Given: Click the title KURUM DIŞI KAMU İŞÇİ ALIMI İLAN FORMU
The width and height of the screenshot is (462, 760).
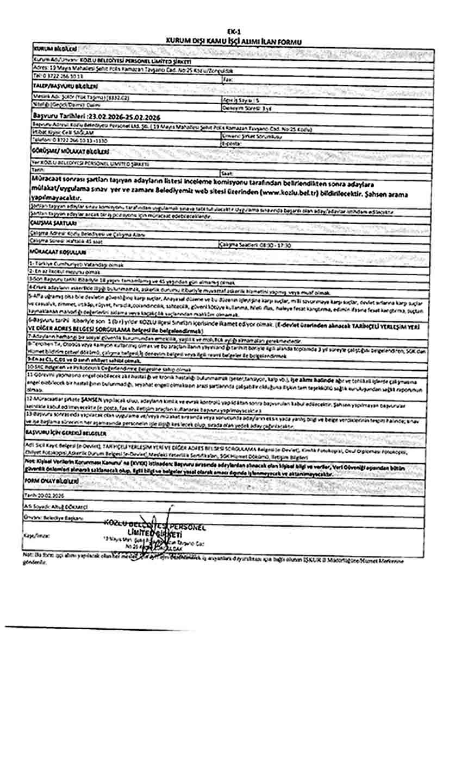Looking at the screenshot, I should tap(234, 41).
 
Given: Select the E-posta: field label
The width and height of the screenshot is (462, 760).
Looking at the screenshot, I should tap(232, 143).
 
